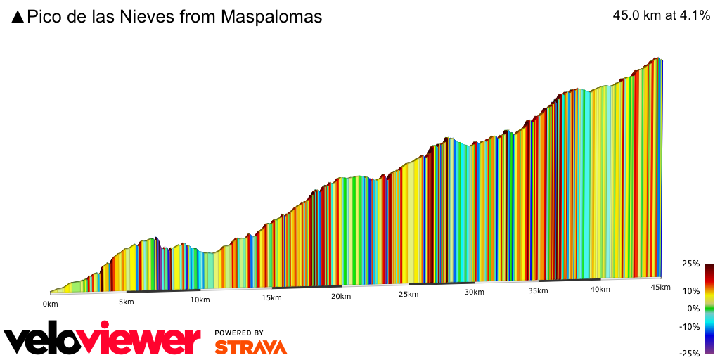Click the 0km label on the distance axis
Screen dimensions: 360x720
[x=50, y=304]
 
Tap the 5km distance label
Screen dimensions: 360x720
[x=126, y=302]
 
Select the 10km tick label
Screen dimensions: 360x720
[x=200, y=300]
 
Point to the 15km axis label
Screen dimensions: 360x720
[x=271, y=298]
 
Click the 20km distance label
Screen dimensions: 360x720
[x=341, y=296]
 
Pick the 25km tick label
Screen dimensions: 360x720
[x=409, y=295]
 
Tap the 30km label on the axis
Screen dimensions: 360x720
[x=474, y=292]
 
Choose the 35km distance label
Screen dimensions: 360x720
[x=538, y=290]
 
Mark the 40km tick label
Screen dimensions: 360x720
[x=600, y=289]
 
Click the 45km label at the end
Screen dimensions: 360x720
[x=660, y=287]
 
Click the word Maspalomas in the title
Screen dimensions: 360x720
[x=271, y=17]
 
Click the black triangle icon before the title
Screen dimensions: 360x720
[x=18, y=17]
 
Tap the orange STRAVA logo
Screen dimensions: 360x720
[x=250, y=347]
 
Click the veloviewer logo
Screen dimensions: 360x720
[x=102, y=340]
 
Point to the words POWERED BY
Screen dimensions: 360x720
[x=239, y=333]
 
